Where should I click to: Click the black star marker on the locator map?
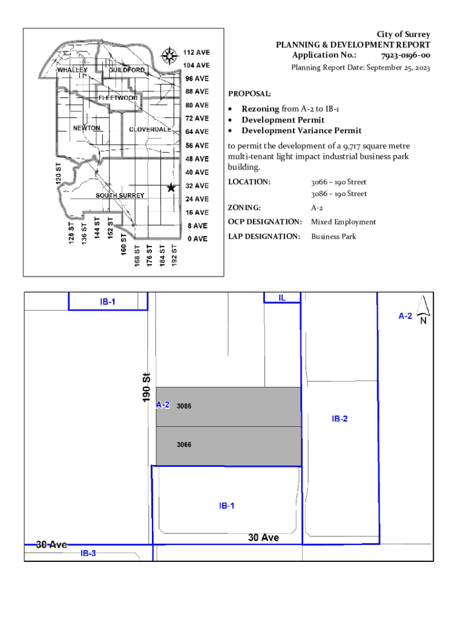171,188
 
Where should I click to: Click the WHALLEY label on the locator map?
72,70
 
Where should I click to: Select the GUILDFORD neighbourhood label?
127,70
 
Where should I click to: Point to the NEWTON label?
87,128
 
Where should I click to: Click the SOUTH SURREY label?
120,196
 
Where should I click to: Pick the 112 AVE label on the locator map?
197,52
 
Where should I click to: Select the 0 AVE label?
197,239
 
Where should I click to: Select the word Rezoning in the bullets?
260,109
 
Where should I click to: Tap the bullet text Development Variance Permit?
301,131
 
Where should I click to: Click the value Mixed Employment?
343,222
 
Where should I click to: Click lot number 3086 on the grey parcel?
184,406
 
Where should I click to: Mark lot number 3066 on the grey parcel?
184,445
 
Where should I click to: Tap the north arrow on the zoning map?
424,309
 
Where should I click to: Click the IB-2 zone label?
340,419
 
